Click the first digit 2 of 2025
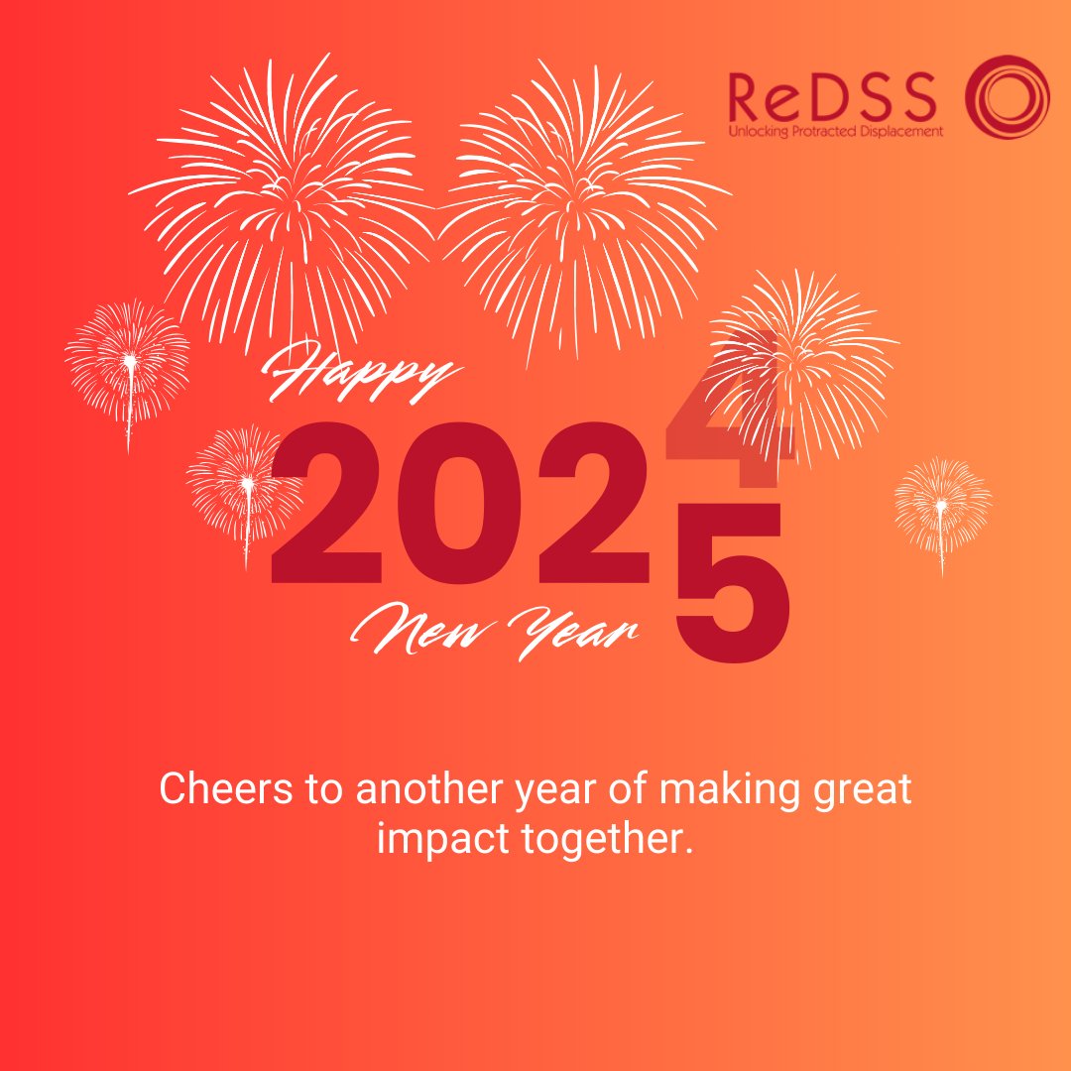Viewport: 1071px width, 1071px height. pos(326,504)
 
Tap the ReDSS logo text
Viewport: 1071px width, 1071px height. pos(832,97)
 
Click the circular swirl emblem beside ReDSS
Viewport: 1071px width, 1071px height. pos(1008,97)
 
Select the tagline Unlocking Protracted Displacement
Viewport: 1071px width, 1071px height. pos(835,131)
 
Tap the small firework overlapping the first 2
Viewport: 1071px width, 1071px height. pos(245,483)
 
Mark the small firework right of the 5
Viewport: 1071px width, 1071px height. pos(941,506)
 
